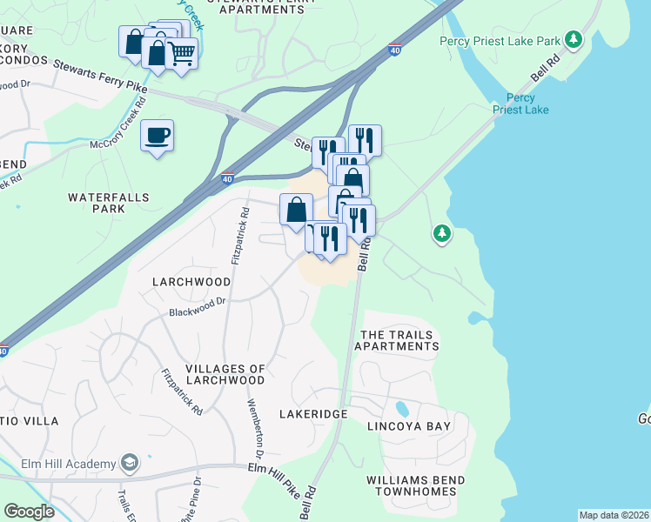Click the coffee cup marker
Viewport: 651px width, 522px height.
tap(157, 136)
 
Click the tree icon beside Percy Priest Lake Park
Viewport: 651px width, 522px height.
tap(573, 39)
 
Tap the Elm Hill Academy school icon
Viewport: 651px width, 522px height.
tap(131, 461)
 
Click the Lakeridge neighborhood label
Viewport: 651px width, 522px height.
tap(313, 414)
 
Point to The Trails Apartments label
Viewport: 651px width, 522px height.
tap(399, 340)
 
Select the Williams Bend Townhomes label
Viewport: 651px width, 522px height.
tap(415, 485)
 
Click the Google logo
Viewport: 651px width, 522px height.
tap(29, 512)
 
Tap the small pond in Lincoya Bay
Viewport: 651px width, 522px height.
tap(401, 408)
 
